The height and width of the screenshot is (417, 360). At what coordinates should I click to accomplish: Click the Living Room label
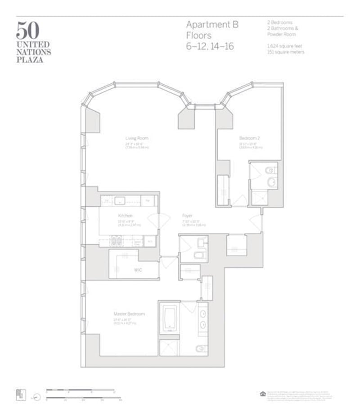[136, 138]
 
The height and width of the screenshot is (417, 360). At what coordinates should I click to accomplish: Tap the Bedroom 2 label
[248, 138]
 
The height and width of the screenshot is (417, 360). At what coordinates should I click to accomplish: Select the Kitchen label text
[125, 216]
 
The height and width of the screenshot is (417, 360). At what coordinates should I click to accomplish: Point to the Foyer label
[187, 216]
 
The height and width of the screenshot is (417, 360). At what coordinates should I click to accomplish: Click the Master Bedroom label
[129, 313]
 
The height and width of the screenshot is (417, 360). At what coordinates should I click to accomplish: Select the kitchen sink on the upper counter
[120, 200]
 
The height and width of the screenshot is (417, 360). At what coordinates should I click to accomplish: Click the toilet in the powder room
[198, 256]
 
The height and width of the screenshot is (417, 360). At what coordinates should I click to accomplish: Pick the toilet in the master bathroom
[201, 348]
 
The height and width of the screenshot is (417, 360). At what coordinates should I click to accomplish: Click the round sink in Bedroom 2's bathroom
[271, 182]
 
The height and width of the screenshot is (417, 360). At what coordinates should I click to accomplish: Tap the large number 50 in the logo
[28, 30]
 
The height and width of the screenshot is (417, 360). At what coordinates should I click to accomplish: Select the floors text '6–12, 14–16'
[210, 46]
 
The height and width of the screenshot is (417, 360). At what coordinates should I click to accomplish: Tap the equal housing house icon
[263, 394]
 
